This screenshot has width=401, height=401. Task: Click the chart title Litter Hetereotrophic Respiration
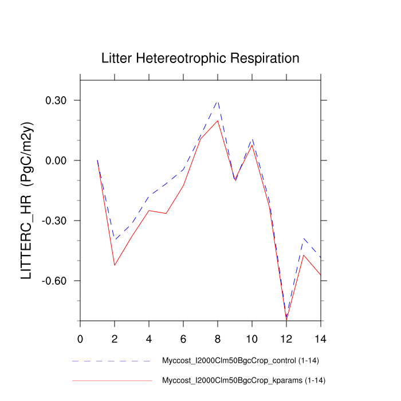[x=200, y=58]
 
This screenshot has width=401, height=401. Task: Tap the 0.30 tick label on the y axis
[x=57, y=101]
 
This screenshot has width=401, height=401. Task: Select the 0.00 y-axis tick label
[x=57, y=161]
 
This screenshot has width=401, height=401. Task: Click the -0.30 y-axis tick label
[x=55, y=221]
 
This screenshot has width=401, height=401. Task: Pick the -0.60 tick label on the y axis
[x=55, y=281]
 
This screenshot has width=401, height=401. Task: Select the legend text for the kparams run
[x=244, y=380]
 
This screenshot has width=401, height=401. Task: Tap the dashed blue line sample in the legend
[x=112, y=361]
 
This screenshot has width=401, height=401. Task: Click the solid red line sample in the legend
[x=112, y=380]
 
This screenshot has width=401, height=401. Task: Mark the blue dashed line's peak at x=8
[x=218, y=101]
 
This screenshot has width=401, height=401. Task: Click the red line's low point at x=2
[x=115, y=265]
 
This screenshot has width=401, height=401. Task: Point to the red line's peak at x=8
[x=218, y=120]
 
